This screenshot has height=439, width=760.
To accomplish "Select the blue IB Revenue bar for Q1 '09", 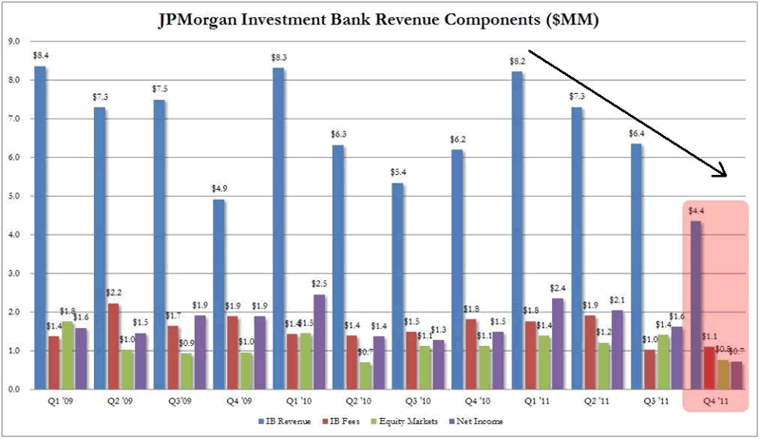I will coord(40,228).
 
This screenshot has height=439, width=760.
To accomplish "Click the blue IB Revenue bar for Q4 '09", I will coord(218,294).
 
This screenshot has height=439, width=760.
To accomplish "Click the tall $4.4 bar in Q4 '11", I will coord(696,305).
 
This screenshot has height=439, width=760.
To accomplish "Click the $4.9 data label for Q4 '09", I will coord(218,188).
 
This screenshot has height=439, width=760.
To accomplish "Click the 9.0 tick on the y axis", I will coord(14,42).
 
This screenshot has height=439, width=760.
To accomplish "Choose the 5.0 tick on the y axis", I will coord(14,196).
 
